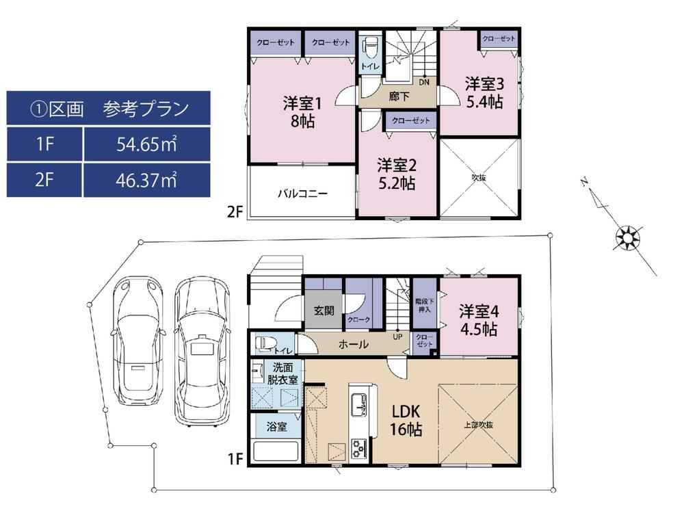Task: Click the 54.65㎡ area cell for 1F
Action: click(146, 144)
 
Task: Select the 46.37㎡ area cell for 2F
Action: click(146, 180)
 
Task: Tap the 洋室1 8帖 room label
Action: click(302, 112)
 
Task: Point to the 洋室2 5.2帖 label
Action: click(397, 174)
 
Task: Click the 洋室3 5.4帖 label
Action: click(484, 92)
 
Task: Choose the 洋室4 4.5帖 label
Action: click(479, 320)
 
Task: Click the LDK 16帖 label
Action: click(406, 420)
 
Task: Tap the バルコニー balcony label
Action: click(303, 194)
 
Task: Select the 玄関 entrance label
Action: click(324, 311)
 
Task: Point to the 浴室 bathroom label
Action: click(276, 426)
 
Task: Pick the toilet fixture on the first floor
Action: click(264, 344)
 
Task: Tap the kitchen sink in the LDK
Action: click(359, 404)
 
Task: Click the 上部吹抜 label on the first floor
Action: click(479, 425)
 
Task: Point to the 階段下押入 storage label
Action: click(425, 305)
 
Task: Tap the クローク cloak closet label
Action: click(359, 319)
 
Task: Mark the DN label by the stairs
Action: click(424, 82)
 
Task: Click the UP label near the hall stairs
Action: click(397, 337)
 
